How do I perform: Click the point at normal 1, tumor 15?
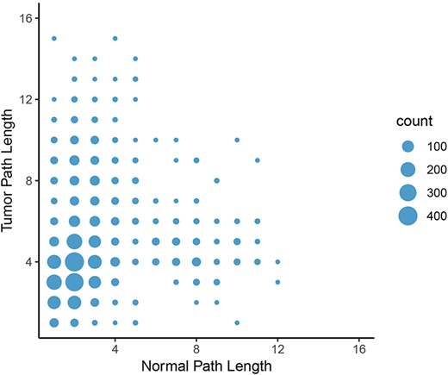pos(53,38)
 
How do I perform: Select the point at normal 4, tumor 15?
pos(115,38)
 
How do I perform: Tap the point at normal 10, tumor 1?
pos(237,322)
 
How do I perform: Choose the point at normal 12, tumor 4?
pos(277,261)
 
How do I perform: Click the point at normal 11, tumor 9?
pos(257,159)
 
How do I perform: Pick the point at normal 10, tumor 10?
pos(237,140)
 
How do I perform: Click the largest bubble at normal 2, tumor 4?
pos(74,261)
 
